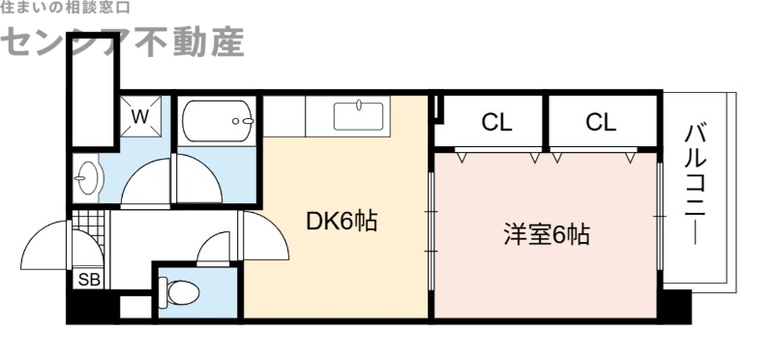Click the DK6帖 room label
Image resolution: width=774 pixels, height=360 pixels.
coord(341,222)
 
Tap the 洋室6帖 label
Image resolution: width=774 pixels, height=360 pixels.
coord(547,233)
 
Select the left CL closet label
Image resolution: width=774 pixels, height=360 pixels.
coord(496,123)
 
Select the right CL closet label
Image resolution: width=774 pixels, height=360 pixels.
coord(600,123)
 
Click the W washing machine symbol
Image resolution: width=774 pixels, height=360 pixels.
coord(140,118)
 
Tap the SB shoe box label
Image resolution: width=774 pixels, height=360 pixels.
coord(88,280)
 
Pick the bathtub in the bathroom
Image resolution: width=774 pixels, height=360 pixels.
coord(219,122)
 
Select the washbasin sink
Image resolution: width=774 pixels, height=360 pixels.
coord(88,177)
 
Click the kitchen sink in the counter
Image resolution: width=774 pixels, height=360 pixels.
coord(360,116)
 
